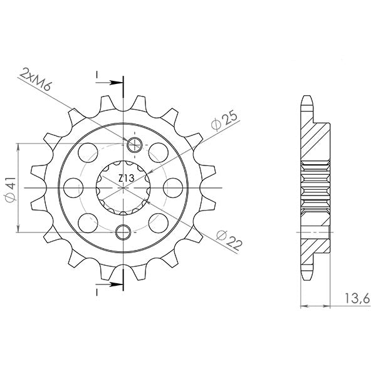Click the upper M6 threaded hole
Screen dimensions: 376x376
click(134, 145)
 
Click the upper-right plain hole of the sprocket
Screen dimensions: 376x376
click(159, 150)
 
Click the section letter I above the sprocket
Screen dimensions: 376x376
click(97, 75)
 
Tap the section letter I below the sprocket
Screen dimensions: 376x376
click(97, 292)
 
